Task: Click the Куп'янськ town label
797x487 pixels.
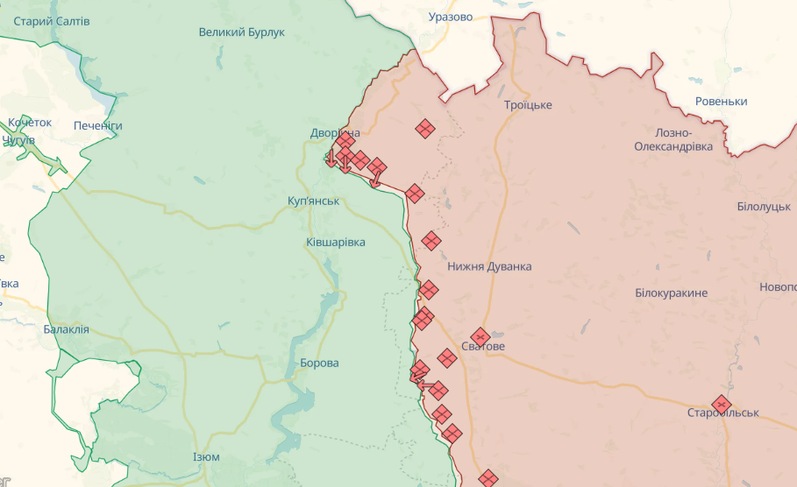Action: [313, 201]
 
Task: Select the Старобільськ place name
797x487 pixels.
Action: [722, 413]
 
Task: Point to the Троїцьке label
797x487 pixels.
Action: [528, 105]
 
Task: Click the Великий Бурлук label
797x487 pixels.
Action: [241, 32]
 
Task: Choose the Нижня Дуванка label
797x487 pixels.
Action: [488, 266]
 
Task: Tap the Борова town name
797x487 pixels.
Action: [319, 363]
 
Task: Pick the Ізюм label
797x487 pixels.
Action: [206, 457]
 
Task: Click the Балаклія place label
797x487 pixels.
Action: [67, 330]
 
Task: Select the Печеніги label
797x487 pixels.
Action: [97, 126]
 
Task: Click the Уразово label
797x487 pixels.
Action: [451, 17]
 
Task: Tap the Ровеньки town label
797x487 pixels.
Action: [721, 102]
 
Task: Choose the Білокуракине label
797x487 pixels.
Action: [671, 293]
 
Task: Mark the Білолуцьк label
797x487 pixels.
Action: [764, 206]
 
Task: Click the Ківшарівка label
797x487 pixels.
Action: [336, 242]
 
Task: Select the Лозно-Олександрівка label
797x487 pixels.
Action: [673, 138]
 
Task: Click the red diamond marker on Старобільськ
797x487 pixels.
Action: [721, 403]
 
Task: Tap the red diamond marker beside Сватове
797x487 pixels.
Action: [480, 335]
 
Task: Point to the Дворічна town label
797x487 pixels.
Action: [334, 133]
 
